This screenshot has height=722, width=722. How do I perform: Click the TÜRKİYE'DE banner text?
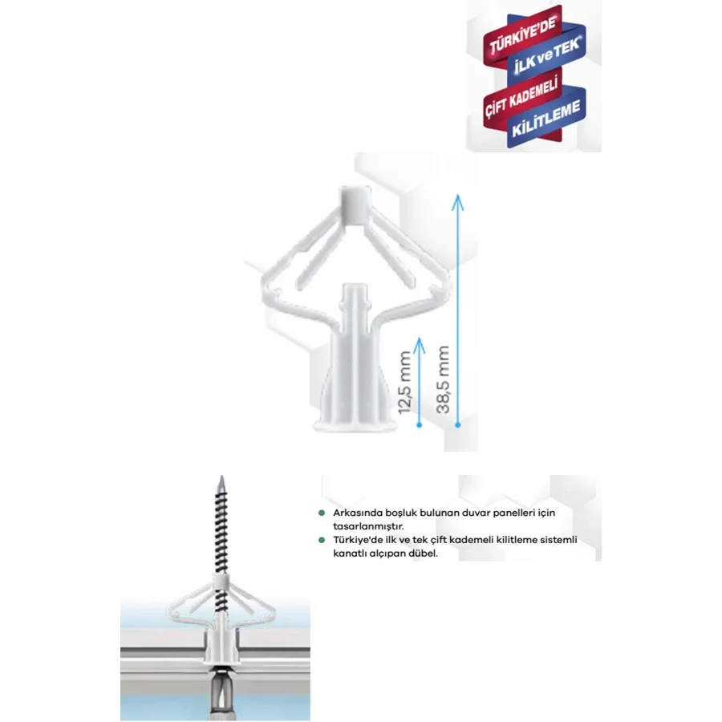click(x=524, y=35)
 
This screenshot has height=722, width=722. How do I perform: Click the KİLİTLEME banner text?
click(x=546, y=120)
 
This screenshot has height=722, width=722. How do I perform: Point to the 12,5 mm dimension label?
click(x=405, y=382)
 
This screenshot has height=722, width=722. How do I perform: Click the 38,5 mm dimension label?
click(x=443, y=379)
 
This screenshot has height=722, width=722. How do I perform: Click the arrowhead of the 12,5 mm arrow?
click(x=419, y=345)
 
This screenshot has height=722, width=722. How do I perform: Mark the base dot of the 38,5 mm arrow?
click(x=457, y=424)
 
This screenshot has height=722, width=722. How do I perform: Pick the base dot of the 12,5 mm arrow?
click(x=419, y=424)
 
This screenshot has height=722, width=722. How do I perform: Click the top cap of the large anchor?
click(x=356, y=204)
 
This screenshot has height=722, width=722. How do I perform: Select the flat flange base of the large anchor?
click(x=355, y=425)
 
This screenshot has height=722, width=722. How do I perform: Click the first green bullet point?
click(x=322, y=513)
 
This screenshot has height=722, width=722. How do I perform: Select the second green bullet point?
click(x=322, y=540)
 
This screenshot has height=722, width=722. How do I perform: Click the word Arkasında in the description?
click(x=352, y=513)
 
